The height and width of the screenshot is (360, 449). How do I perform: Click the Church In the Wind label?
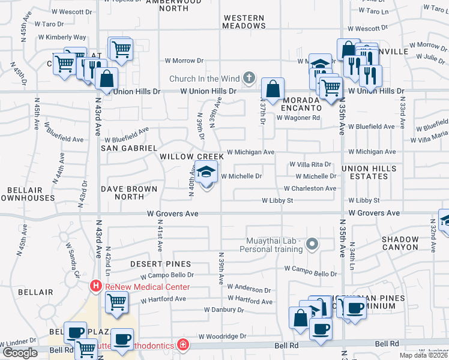(x=204, y=79)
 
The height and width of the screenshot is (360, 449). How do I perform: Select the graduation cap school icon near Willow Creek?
(x=206, y=173)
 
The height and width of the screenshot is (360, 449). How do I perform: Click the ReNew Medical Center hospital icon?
(x=95, y=287)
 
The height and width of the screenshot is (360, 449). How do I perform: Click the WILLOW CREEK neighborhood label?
(x=191, y=157)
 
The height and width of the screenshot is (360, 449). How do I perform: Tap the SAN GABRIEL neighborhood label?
(x=128, y=148)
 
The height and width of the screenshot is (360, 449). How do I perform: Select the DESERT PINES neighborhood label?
(x=161, y=263)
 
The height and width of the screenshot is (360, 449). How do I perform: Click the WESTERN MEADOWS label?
(x=244, y=22)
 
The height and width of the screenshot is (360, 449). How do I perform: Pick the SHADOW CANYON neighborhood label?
(x=400, y=243)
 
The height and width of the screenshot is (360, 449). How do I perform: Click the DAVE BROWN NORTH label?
(x=129, y=193)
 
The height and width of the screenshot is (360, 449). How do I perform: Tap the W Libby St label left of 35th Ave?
(x=277, y=200)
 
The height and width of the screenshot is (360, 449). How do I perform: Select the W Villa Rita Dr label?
(x=310, y=164)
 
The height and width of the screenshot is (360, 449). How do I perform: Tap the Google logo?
(x=20, y=353)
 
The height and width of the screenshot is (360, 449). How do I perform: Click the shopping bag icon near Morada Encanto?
(x=273, y=90)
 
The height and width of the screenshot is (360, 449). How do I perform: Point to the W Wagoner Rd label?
(x=298, y=118)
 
